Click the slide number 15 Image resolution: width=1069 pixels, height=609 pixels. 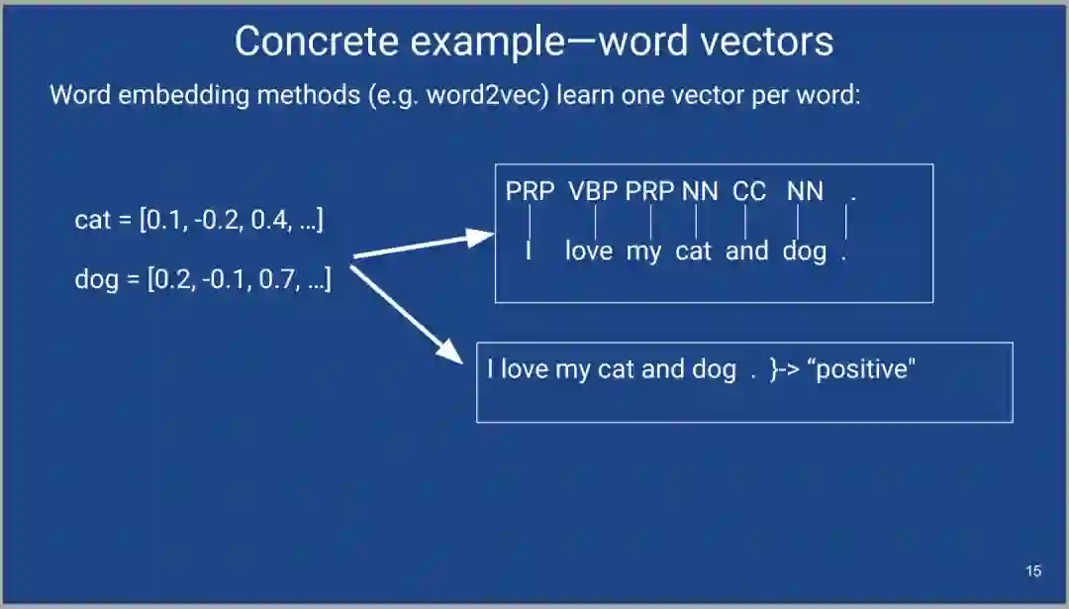1033,571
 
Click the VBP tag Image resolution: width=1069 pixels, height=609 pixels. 592,192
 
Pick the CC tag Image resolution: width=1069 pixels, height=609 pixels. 749,192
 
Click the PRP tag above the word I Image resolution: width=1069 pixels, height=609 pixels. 530,192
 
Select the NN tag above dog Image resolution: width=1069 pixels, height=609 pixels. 805,192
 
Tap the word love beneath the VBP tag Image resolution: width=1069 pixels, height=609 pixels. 589,252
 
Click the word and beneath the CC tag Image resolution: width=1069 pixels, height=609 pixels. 747,252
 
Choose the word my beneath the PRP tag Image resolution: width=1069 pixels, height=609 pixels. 643,253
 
